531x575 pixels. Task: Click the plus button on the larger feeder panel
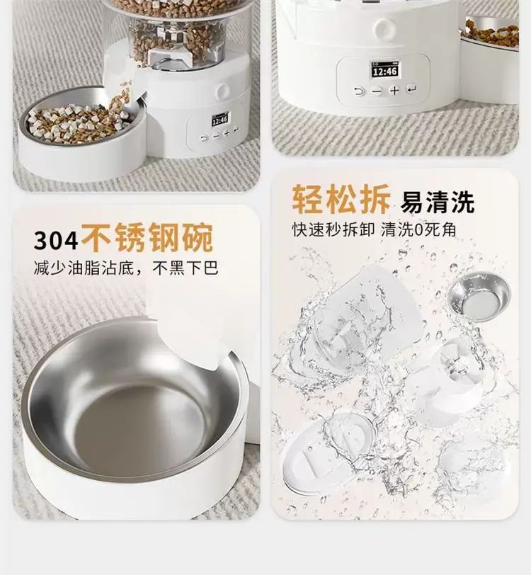[394, 90]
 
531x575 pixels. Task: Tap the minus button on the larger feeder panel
[377, 91]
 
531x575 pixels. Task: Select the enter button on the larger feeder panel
[411, 89]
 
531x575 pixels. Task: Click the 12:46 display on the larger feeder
[384, 70]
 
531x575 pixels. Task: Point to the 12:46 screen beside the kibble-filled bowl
[220, 120]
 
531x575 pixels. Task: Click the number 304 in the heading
[56, 241]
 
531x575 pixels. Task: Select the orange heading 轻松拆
[341, 199]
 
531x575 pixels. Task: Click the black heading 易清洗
[438, 202]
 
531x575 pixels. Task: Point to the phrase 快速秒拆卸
[333, 230]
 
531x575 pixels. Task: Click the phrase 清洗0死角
[418, 230]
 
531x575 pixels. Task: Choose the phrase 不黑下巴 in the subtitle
[185, 268]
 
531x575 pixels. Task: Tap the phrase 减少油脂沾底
[84, 268]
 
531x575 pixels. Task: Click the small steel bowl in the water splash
[479, 296]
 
